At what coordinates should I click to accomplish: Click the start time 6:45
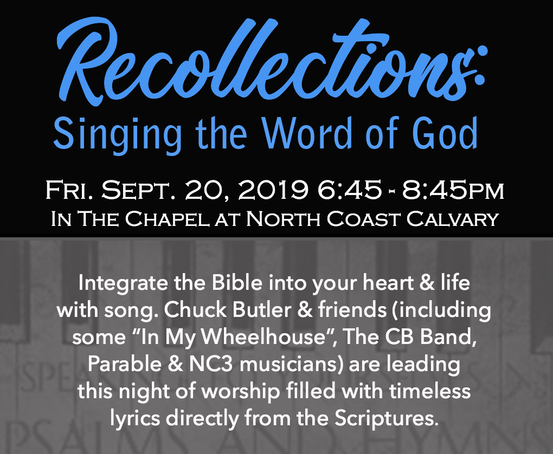(349, 190)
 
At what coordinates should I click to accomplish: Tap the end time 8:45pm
(453, 190)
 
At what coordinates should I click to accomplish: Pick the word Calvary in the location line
(452, 219)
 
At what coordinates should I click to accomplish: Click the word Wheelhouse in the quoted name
(263, 337)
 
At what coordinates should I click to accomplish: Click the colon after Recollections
(479, 66)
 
